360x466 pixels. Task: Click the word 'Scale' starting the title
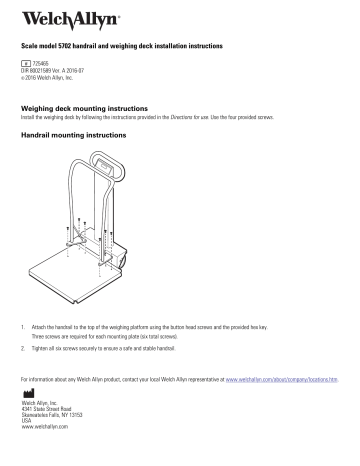(29, 47)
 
